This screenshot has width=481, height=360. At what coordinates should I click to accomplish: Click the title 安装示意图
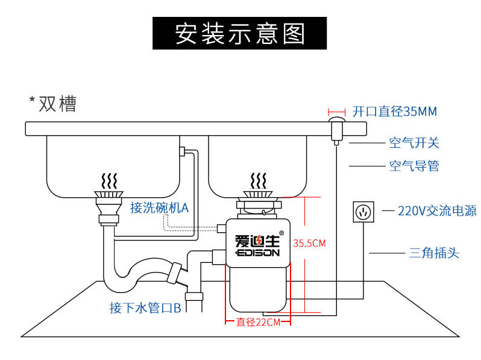[x=240, y=34]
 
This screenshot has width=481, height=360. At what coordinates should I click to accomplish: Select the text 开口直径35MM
[x=394, y=112]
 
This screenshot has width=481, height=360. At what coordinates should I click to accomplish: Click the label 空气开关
[x=413, y=143]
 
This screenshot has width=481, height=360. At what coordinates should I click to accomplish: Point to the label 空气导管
[x=413, y=166]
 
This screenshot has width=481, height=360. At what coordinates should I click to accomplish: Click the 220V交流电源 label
[x=437, y=210]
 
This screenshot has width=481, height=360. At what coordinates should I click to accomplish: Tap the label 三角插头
[x=434, y=253]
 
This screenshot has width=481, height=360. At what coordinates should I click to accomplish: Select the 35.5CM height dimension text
[x=309, y=244]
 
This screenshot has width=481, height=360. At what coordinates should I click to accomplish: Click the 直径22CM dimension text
[x=258, y=322]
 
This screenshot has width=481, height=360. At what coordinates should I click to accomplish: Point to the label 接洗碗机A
[x=160, y=208]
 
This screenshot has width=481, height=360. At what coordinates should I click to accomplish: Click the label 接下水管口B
[x=145, y=308]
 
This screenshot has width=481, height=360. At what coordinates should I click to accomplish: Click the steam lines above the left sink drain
[x=108, y=180]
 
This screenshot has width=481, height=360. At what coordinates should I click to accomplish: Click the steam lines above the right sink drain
[x=258, y=180]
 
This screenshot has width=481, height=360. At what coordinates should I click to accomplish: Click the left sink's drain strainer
[x=109, y=194]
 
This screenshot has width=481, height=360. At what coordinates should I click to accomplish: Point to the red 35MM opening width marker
[x=336, y=112]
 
